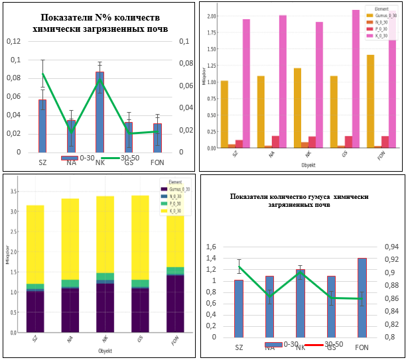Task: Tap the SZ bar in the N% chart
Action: coord(42,125)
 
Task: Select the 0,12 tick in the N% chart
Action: coord(14,41)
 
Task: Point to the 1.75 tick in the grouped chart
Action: coord(212,32)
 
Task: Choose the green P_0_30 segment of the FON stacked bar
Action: coord(175,270)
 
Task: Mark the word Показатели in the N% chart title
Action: coord(66,18)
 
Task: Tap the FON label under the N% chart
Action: coord(157,162)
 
